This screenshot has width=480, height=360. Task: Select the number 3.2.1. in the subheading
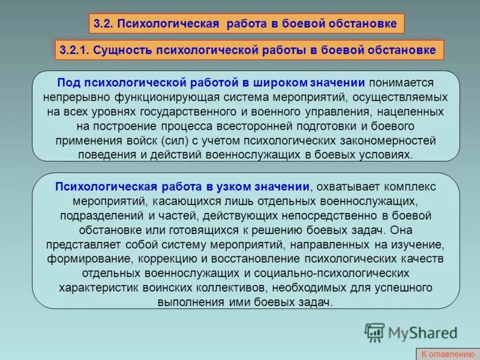tap(74, 50)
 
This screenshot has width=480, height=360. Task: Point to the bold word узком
tap(253, 186)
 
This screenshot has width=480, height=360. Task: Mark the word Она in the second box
tap(404, 229)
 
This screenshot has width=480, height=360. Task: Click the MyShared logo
tap(411, 332)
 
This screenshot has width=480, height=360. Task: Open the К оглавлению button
tap(447, 354)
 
